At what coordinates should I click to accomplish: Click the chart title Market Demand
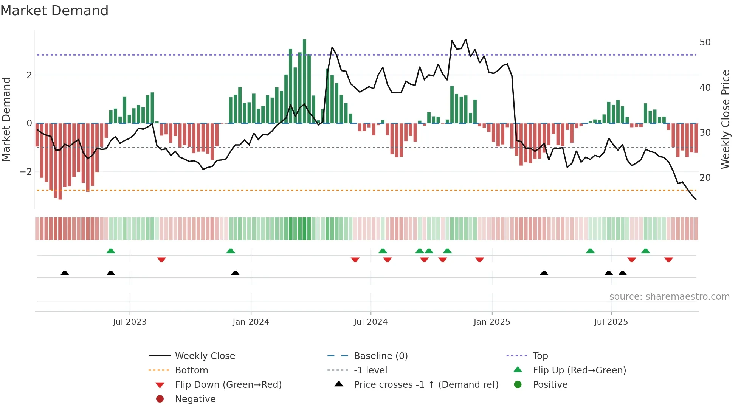pyautogui.click(x=54, y=11)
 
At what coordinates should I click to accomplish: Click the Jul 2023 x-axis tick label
pyautogui.click(x=130, y=322)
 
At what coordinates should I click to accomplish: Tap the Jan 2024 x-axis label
pyautogui.click(x=251, y=322)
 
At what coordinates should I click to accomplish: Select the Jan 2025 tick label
pyautogui.click(x=491, y=322)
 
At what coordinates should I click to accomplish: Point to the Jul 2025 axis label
pyautogui.click(x=611, y=322)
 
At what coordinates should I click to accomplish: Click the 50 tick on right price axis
pyautogui.click(x=705, y=42)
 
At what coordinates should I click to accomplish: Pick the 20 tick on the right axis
pyautogui.click(x=705, y=178)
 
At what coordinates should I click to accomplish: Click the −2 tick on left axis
pyautogui.click(x=26, y=172)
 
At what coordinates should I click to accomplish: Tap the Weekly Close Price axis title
pyautogui.click(x=725, y=119)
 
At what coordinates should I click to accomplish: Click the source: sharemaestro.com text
pyautogui.click(x=669, y=297)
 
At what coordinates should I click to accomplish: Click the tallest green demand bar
pyautogui.click(x=304, y=81)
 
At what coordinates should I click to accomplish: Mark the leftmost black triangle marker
pyautogui.click(x=65, y=273)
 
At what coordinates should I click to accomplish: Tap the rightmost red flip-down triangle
pyautogui.click(x=668, y=260)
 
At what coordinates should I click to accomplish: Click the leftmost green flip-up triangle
pyautogui.click(x=111, y=251)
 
